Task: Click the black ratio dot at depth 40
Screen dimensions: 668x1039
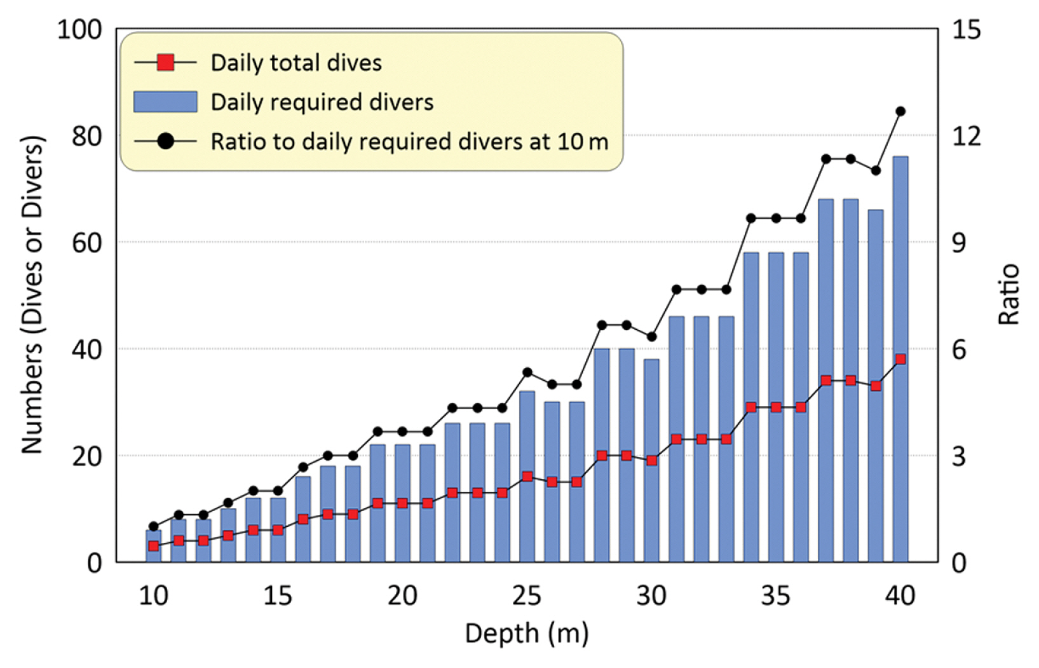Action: click(900, 111)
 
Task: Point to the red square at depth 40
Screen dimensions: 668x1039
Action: click(900, 359)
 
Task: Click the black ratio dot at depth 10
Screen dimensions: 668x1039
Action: click(153, 526)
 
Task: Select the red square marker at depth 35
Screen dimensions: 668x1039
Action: click(776, 407)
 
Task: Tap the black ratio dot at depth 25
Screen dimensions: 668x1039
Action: click(527, 372)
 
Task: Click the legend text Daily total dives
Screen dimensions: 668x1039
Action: click(296, 63)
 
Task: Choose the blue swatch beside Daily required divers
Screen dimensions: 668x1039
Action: click(165, 102)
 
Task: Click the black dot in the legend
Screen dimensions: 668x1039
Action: click(165, 141)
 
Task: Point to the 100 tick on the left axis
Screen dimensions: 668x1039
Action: click(79, 30)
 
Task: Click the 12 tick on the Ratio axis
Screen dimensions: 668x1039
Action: click(966, 136)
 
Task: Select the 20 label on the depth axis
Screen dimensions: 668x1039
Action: click(402, 596)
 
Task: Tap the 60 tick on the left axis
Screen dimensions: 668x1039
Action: click(86, 243)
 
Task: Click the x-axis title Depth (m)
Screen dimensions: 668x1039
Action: click(527, 634)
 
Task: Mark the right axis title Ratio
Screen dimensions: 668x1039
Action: click(1009, 295)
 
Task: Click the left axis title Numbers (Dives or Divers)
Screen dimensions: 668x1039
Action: click(32, 295)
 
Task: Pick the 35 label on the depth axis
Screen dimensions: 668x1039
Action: click(776, 596)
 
